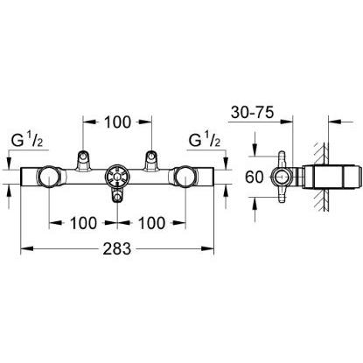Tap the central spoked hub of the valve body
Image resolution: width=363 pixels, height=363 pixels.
[x=118, y=178]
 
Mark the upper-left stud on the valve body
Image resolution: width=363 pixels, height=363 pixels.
[x=83, y=158]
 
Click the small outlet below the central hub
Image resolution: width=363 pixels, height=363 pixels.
[x=118, y=203]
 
